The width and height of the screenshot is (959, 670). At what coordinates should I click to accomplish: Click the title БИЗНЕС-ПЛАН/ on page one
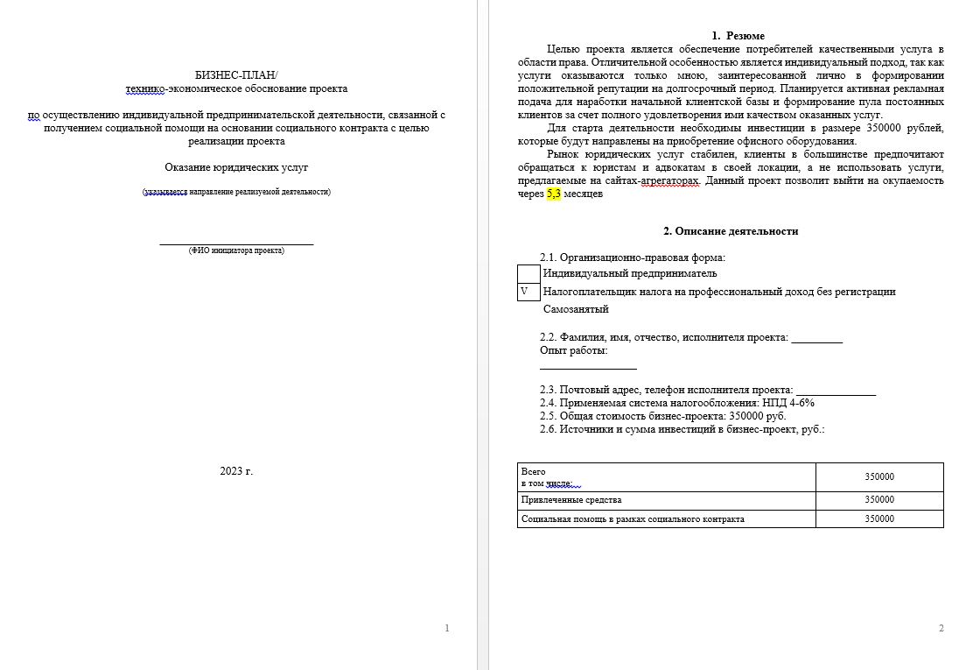click(x=236, y=75)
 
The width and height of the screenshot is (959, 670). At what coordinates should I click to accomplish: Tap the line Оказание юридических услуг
click(x=236, y=167)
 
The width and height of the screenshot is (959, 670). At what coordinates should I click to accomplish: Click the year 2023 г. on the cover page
click(x=236, y=471)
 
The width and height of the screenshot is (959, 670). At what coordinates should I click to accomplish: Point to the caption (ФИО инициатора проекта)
click(x=236, y=250)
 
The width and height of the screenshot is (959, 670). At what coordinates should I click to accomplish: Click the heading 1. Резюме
click(x=731, y=36)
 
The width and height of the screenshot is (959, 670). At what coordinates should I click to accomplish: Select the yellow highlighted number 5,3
click(x=553, y=194)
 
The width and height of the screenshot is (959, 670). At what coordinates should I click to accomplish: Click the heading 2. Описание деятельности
click(x=731, y=231)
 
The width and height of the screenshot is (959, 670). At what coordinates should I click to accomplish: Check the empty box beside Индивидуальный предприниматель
click(x=528, y=273)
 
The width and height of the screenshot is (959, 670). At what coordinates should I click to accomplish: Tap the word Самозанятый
click(x=576, y=309)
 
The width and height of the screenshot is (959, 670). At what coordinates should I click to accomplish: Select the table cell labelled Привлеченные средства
click(x=571, y=500)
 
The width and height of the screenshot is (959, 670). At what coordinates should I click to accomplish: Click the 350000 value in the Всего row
click(x=879, y=476)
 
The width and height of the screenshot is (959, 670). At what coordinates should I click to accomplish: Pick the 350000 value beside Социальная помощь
click(x=879, y=519)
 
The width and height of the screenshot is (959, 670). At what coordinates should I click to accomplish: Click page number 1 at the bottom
click(x=447, y=628)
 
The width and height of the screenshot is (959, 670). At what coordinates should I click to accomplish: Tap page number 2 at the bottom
click(x=941, y=628)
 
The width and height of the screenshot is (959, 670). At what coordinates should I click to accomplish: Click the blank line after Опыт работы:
click(x=588, y=368)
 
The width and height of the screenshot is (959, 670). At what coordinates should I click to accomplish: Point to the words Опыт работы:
click(x=574, y=351)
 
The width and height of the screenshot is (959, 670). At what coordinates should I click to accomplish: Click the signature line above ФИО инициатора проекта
click(x=236, y=243)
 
